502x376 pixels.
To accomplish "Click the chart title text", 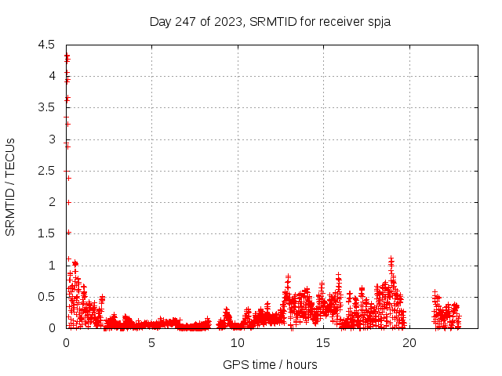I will pyautogui.click(x=270, y=21).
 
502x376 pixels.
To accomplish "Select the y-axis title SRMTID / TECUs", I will pyautogui.click(x=11, y=186).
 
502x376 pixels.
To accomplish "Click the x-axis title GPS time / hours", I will pyautogui.click(x=270, y=364).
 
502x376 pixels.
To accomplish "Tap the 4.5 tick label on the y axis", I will pyautogui.click(x=46, y=45).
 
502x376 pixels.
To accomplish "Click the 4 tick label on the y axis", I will pyautogui.click(x=52, y=76).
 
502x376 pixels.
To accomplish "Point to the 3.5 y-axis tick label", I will pyautogui.click(x=46, y=107).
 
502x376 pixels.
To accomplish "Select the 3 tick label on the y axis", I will pyautogui.click(x=52, y=139).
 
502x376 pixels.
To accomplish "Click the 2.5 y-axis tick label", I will pyautogui.click(x=46, y=171).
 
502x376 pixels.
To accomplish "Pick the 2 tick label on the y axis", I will pyautogui.click(x=52, y=202).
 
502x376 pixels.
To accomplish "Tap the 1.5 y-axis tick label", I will pyautogui.click(x=46, y=233).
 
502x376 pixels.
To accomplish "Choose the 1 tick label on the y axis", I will pyautogui.click(x=52, y=266).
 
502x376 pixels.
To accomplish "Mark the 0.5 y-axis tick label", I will pyautogui.click(x=46, y=297).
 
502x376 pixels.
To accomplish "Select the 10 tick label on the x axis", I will pyautogui.click(x=237, y=343).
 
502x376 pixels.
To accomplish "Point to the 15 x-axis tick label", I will pyautogui.click(x=322, y=343).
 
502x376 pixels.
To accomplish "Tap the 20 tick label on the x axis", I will pyautogui.click(x=408, y=343).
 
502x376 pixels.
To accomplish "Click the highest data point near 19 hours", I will pyautogui.click(x=391, y=258).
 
